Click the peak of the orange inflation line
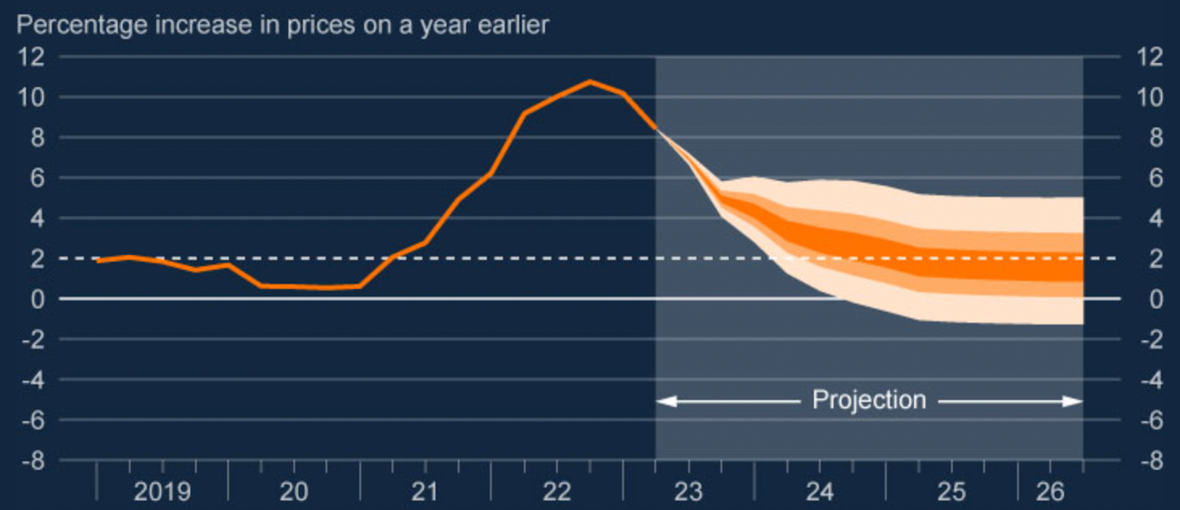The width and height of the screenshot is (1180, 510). (x=590, y=82)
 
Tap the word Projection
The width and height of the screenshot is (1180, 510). (x=869, y=400)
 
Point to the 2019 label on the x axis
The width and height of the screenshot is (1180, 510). (x=162, y=492)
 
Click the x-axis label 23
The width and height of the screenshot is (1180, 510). (x=688, y=492)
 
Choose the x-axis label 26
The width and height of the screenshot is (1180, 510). (x=1050, y=492)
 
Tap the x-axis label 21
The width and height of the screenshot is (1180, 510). (x=425, y=492)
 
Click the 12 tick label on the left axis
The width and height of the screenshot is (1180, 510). (x=31, y=57)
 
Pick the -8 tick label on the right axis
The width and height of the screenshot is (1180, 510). (x=1148, y=461)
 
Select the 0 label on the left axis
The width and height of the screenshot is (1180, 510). (x=38, y=300)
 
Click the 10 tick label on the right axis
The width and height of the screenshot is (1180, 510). (x=1150, y=97)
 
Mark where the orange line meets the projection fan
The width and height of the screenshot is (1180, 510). (x=656, y=128)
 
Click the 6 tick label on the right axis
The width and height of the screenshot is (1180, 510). (x=1156, y=178)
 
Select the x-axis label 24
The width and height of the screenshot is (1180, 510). (x=820, y=492)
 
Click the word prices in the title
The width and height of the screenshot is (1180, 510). (x=320, y=26)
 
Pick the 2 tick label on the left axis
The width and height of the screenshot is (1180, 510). (x=38, y=259)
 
